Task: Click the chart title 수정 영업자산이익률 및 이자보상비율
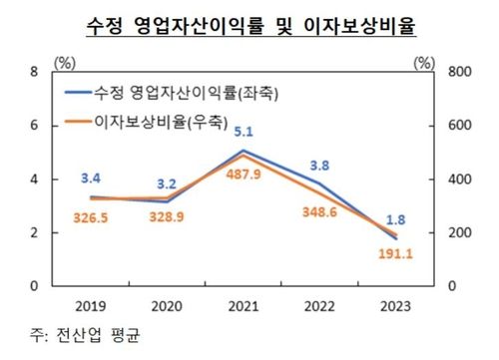point(249,22)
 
